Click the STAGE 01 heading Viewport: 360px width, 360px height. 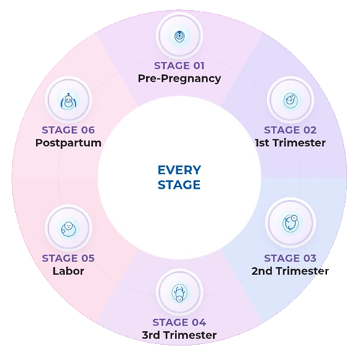[179, 66]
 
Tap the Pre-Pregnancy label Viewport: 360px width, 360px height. [179, 78]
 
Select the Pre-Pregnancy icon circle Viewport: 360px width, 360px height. [179, 35]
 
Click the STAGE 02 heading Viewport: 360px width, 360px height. [290, 130]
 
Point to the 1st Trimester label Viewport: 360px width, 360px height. [290, 143]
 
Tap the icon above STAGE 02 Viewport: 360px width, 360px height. [290, 99]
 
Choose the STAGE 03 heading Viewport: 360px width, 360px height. [290, 258]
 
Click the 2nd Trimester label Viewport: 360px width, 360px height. [290, 271]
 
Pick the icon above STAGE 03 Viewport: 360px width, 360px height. [290, 223]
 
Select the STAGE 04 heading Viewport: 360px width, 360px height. [179, 323]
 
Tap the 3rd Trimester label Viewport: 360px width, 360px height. [179, 336]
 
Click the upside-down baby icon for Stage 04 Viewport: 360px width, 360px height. [179, 292]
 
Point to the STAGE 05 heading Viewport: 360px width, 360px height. [68, 258]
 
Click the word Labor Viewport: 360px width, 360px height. [68, 271]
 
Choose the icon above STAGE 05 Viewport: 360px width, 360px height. [68, 228]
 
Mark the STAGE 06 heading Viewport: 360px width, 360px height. [68, 130]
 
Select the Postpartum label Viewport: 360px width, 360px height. [68, 143]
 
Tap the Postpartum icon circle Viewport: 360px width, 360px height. [68, 99]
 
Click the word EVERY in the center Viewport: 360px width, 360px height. [179, 170]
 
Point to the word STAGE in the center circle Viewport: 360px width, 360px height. [179, 185]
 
